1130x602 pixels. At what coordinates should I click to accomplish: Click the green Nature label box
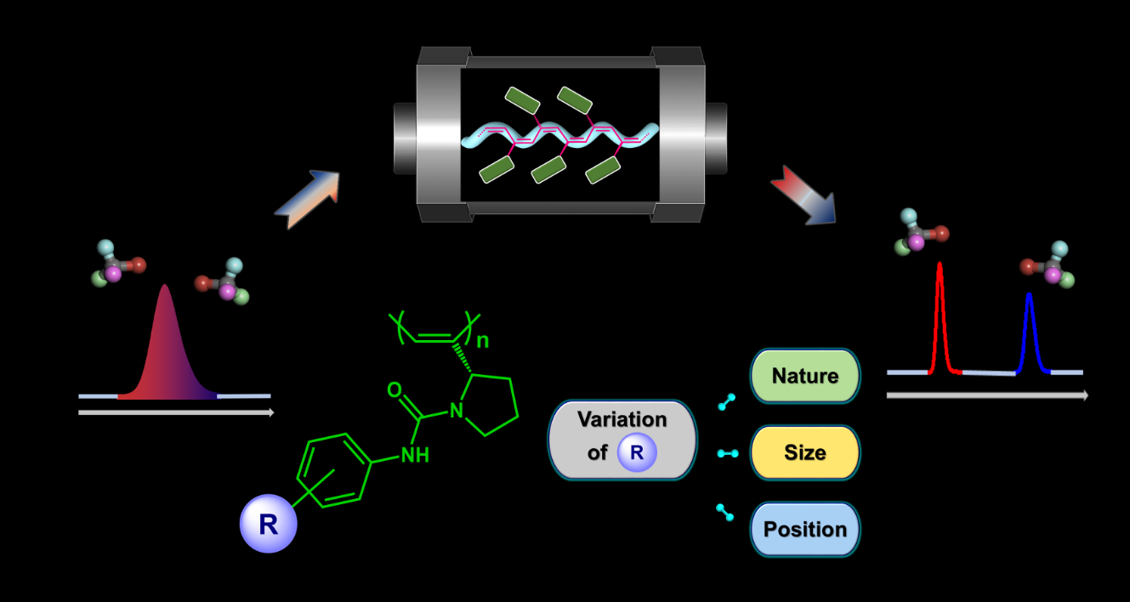[x=804, y=376]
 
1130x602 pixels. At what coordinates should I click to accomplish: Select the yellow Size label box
[x=804, y=452]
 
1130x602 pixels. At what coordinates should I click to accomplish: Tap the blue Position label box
[x=804, y=529]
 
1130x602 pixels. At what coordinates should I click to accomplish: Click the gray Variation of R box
[x=622, y=440]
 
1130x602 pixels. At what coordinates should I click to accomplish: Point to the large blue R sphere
[x=268, y=525]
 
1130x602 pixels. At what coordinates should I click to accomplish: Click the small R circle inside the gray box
[x=637, y=452]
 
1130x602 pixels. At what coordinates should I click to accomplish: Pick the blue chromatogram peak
[x=1029, y=332]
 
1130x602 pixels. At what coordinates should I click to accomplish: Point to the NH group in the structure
[x=415, y=455]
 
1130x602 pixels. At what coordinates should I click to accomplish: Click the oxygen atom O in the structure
[x=394, y=390]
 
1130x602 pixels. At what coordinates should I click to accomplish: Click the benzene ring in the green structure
[x=335, y=471]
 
